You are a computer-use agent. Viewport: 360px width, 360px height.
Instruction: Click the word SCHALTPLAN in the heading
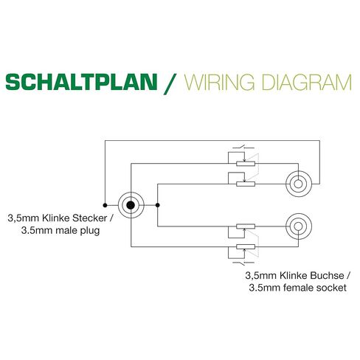81,82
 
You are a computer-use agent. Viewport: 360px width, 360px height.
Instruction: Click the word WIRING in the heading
220,82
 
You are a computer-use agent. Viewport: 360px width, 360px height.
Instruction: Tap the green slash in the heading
170,83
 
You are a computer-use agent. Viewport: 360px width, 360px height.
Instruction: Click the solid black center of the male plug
131,205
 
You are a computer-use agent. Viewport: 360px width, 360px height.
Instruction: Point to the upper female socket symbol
299,184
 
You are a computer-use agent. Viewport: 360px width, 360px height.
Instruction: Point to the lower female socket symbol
299,226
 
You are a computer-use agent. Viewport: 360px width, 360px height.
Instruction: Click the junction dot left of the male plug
105,205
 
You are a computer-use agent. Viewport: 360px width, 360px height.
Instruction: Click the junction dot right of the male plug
158,205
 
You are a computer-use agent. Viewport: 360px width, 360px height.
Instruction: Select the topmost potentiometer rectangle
246,164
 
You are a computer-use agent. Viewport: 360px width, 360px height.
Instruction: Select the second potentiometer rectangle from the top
246,184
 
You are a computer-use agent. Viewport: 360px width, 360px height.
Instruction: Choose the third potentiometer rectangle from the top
246,226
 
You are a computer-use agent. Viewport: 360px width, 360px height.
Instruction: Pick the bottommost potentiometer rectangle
246,246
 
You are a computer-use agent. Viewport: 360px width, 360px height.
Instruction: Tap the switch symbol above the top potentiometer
243,148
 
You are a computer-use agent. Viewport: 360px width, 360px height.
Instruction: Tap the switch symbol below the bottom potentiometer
243,263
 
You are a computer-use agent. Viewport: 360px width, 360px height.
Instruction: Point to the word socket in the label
331,288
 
